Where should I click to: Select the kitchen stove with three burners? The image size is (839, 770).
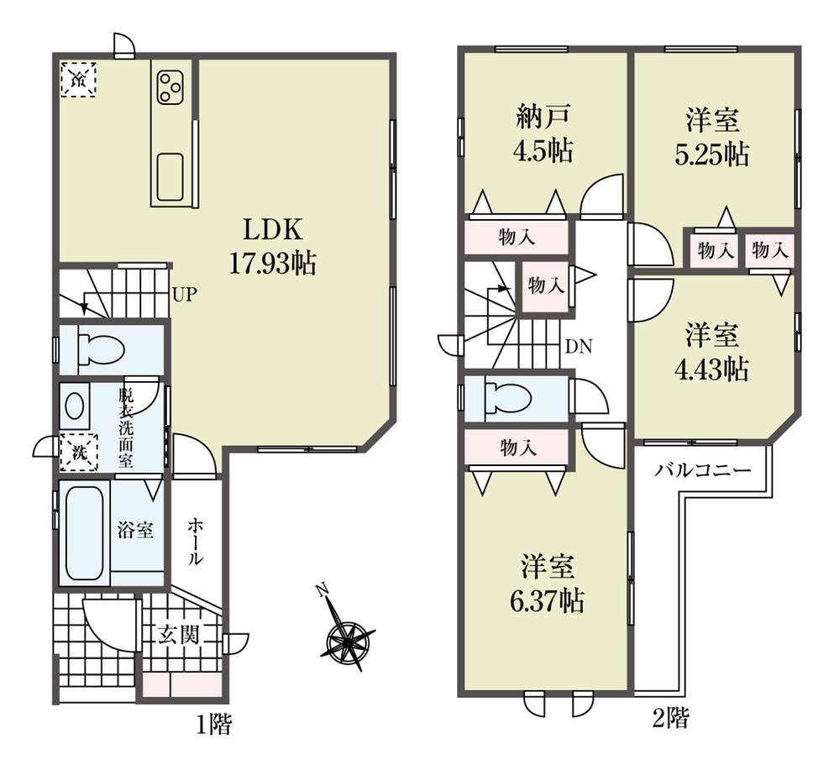pos(170,88)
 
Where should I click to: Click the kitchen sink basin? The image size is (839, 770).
pos(170,177)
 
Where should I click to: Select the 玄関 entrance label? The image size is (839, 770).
pos(179,635)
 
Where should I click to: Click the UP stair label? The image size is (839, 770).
pos(185,294)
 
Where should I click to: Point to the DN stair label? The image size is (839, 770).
pos(579,347)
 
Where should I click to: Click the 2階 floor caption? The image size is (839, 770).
pos(670,718)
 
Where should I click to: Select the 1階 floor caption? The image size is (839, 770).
pos(213,725)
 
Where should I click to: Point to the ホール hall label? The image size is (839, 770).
pos(195,542)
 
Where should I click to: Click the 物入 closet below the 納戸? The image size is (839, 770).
pos(517,238)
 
